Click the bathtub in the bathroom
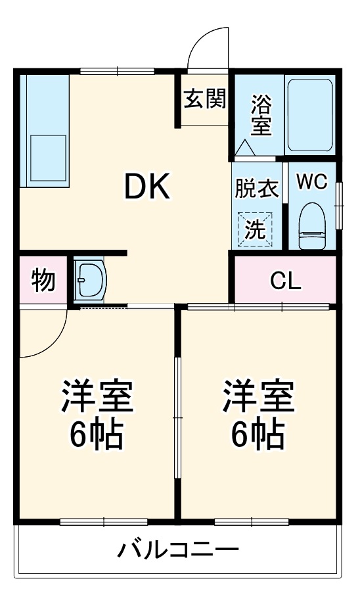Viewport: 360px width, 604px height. coord(310,114)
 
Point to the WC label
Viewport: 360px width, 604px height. coord(311,182)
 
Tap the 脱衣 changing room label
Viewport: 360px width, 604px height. coord(257,189)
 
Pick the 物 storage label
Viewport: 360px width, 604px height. coord(43,281)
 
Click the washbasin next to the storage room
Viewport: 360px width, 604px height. coord(90,280)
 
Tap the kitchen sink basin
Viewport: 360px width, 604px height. coord(47,156)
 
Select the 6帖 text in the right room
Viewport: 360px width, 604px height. coord(258,432)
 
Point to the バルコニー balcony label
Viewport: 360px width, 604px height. coord(178,549)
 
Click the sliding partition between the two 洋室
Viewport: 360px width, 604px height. coord(177,420)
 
